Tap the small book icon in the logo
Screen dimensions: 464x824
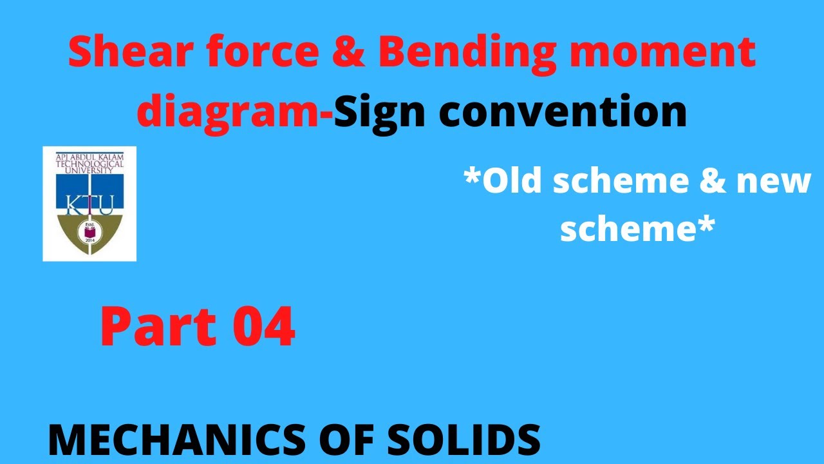pyautogui.click(x=89, y=229)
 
